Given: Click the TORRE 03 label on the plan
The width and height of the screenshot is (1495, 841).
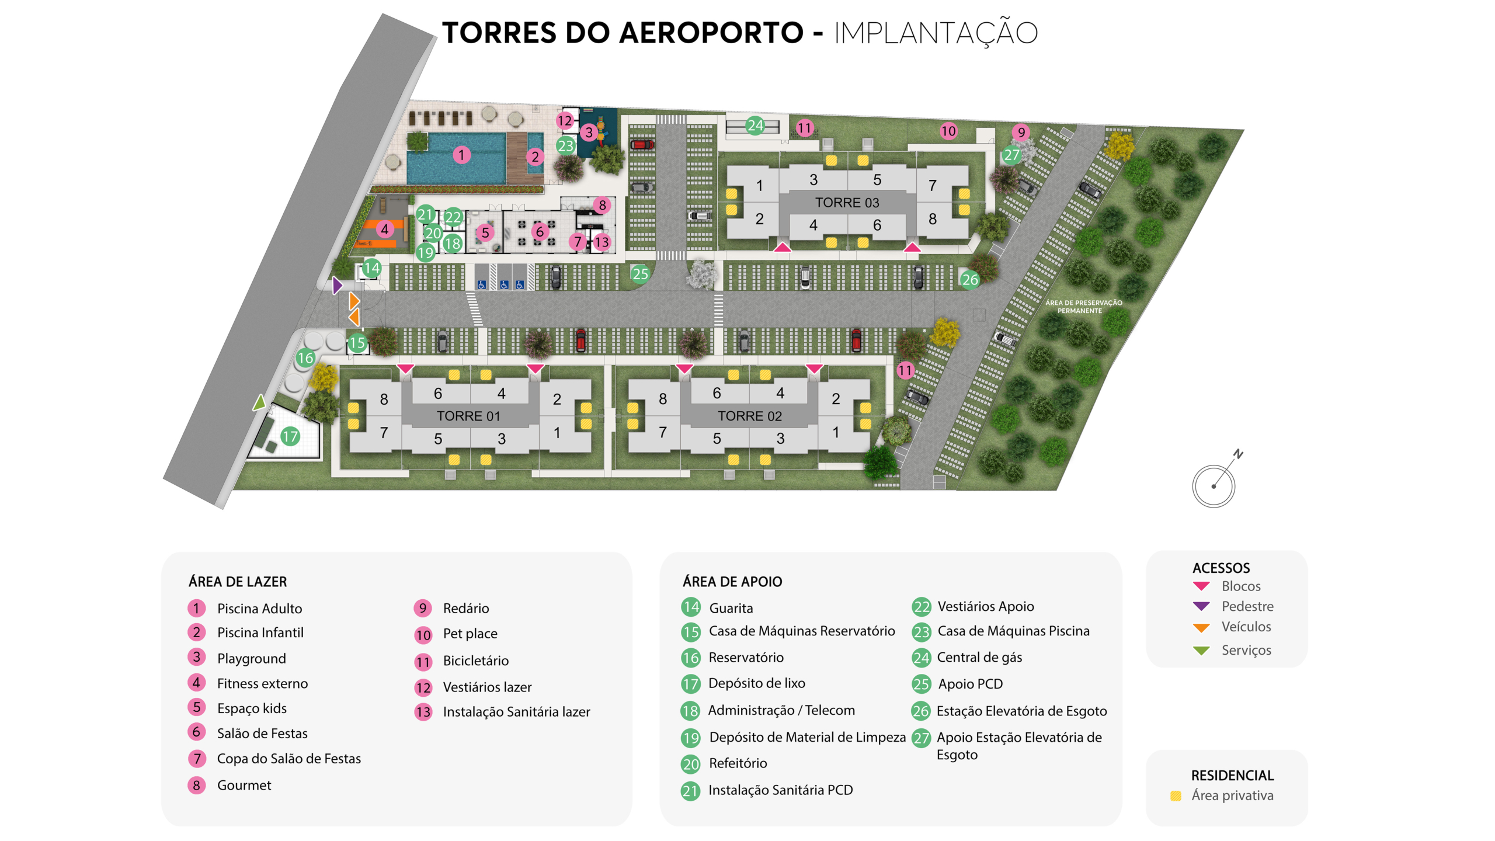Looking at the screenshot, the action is [x=847, y=203].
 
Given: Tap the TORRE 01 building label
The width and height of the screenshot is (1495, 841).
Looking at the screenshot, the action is [x=468, y=416].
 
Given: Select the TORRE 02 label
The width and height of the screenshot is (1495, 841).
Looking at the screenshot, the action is [x=749, y=416].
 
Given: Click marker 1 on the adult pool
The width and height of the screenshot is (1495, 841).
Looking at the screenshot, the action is [x=461, y=155].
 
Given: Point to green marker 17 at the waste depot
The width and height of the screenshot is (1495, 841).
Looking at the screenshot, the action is [x=290, y=436].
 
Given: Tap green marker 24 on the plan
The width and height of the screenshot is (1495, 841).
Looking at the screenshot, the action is [x=755, y=125].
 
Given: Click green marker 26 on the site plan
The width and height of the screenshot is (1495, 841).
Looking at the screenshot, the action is [x=969, y=280].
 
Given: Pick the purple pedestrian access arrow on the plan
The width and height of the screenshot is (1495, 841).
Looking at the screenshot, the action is [x=337, y=286].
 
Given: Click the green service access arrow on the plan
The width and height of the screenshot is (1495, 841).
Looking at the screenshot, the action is [x=259, y=402].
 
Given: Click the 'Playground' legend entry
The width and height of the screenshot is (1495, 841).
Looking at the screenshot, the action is [x=251, y=659].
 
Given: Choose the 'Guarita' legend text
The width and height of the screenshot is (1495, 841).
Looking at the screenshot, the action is [x=731, y=609].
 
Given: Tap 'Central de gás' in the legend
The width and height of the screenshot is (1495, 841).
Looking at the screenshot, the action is [x=979, y=658].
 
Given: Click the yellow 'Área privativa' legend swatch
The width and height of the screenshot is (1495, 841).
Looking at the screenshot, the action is [x=1176, y=796].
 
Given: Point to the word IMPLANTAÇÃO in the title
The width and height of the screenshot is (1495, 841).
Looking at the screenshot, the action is [x=936, y=33].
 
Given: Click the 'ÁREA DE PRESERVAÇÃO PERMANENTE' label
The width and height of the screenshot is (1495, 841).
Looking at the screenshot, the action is [x=1083, y=307].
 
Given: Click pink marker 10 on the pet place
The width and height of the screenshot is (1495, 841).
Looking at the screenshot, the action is [x=948, y=131].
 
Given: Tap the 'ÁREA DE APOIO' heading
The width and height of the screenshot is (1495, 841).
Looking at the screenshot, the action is [x=732, y=582].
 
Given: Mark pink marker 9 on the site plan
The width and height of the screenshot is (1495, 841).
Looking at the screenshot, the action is [x=1021, y=132].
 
